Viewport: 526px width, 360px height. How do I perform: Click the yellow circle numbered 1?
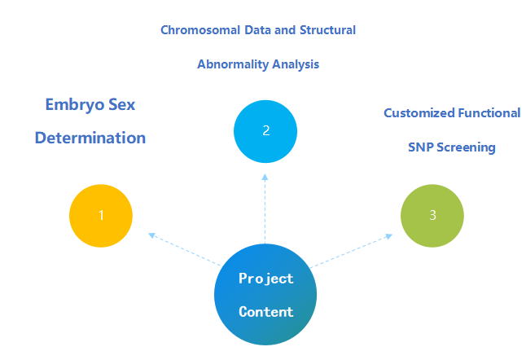[101, 215]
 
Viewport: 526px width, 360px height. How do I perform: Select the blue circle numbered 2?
[265, 130]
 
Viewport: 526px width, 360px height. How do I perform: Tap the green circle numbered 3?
[432, 215]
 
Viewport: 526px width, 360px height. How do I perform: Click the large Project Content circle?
[265, 294]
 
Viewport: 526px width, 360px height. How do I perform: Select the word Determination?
[90, 138]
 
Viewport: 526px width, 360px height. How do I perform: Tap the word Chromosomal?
[199, 30]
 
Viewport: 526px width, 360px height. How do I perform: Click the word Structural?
[324, 30]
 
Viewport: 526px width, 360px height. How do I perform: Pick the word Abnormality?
[230, 64]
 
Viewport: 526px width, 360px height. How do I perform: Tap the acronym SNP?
[422, 147]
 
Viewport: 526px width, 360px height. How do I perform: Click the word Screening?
[467, 147]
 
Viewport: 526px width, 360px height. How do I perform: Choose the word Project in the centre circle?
[265, 278]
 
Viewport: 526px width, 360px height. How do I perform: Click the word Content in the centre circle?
[265, 311]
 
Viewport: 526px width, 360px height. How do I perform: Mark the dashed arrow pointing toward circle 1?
[186, 249]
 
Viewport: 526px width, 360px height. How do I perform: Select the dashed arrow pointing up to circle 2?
[265, 208]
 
